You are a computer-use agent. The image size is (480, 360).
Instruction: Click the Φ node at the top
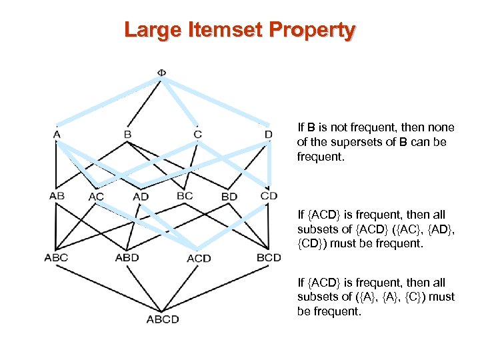pyautogui.click(x=162, y=73)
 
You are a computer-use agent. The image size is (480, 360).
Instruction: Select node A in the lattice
pyautogui.click(x=57, y=135)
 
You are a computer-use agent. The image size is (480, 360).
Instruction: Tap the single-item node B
pyautogui.click(x=127, y=135)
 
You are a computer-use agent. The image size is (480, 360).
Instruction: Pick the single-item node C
pyautogui.click(x=197, y=135)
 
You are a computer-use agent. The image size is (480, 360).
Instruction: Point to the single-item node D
pyautogui.click(x=268, y=135)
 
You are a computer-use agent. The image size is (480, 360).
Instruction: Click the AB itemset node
pyautogui.click(x=57, y=196)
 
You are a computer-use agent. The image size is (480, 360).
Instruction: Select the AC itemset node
pyautogui.click(x=97, y=197)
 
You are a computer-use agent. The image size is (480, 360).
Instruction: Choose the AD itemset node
pyautogui.click(x=141, y=197)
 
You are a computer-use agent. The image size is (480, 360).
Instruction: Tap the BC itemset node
pyautogui.click(x=185, y=196)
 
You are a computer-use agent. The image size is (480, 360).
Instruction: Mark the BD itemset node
pyautogui.click(x=229, y=197)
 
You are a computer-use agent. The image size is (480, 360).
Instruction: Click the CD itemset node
pyautogui.click(x=269, y=196)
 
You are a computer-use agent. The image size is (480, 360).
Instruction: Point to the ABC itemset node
pyautogui.click(x=57, y=257)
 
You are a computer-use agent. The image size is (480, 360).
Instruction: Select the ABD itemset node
pyautogui.click(x=127, y=257)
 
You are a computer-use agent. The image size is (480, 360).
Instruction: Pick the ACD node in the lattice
pyautogui.click(x=199, y=258)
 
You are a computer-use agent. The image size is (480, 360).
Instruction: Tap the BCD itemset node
pyautogui.click(x=269, y=257)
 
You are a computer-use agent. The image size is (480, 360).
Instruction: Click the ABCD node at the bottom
pyautogui.click(x=163, y=319)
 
